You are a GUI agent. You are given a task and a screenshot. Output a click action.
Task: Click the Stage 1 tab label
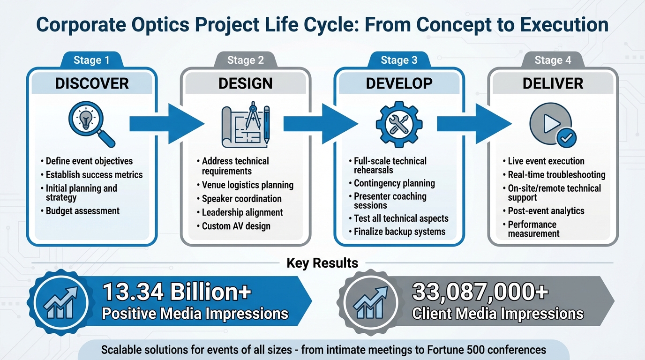91,60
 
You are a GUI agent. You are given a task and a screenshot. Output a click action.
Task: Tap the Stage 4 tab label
553,60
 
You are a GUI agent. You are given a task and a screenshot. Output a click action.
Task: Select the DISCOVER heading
92,83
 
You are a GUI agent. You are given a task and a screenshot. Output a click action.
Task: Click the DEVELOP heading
399,83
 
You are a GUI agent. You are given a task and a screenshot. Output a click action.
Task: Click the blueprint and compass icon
246,123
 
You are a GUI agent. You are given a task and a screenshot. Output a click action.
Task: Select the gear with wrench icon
399,123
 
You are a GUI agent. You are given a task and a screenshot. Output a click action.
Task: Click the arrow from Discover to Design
166,124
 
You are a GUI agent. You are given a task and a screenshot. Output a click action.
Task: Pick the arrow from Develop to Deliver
473,124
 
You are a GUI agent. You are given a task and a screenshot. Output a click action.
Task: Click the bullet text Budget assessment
82,211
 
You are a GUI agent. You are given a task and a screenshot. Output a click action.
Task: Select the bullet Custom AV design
236,226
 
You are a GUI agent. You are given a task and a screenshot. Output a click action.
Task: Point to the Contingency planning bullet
394,183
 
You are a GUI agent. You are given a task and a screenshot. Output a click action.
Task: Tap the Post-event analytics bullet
546,211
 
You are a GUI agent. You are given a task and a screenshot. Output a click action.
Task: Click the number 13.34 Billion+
177,292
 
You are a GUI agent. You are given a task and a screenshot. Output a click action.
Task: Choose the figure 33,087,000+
480,292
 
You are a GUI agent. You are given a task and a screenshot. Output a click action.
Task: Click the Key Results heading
322,263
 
